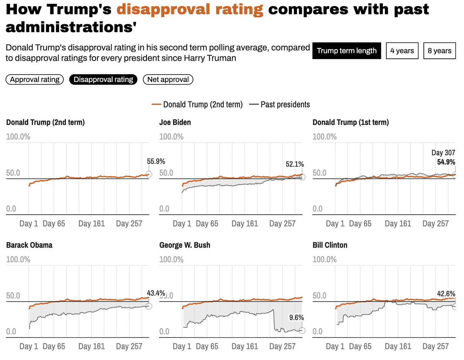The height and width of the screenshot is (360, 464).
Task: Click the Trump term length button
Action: [x=346, y=51]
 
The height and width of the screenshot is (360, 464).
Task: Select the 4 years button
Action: [x=402, y=51]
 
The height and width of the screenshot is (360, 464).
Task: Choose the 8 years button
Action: [x=440, y=51]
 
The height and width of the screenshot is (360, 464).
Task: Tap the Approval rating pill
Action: [x=34, y=80]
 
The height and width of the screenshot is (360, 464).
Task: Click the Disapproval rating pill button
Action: [x=103, y=80]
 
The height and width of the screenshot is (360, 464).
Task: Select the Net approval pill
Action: [x=168, y=80]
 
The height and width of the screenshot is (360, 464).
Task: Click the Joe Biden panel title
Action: [x=175, y=123]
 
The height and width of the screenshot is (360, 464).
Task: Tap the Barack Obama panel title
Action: [x=29, y=245]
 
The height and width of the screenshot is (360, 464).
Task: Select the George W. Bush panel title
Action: [x=185, y=245]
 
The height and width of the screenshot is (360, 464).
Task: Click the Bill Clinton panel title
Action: [x=330, y=245]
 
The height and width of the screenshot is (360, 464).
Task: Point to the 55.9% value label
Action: [x=156, y=162]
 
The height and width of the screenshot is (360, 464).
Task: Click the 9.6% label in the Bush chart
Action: [x=297, y=317]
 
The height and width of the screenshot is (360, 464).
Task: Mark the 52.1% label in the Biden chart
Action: [x=295, y=164]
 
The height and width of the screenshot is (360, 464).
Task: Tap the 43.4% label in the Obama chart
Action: [x=156, y=293]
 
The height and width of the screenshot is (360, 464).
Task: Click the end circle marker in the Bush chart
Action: [x=302, y=331]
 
